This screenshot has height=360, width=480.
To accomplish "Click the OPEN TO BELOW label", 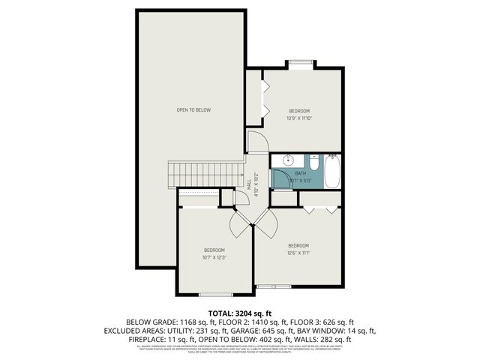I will click(193, 110).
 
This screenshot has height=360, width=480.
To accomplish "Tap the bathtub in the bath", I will click(333, 172).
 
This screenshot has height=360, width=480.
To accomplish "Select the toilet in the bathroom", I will click(314, 163).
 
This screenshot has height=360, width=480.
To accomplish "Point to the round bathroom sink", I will click(287, 161).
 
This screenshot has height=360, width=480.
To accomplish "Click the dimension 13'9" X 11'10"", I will click(298, 118).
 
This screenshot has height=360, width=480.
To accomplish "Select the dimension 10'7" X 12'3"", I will click(214, 257).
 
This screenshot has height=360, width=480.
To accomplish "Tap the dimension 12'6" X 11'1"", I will click(298, 253).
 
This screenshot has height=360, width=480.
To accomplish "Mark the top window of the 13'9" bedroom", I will click(301, 63).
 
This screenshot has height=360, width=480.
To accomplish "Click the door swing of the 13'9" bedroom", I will click(257, 142).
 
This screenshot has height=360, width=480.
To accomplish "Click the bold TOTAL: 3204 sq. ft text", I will click(240, 313).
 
